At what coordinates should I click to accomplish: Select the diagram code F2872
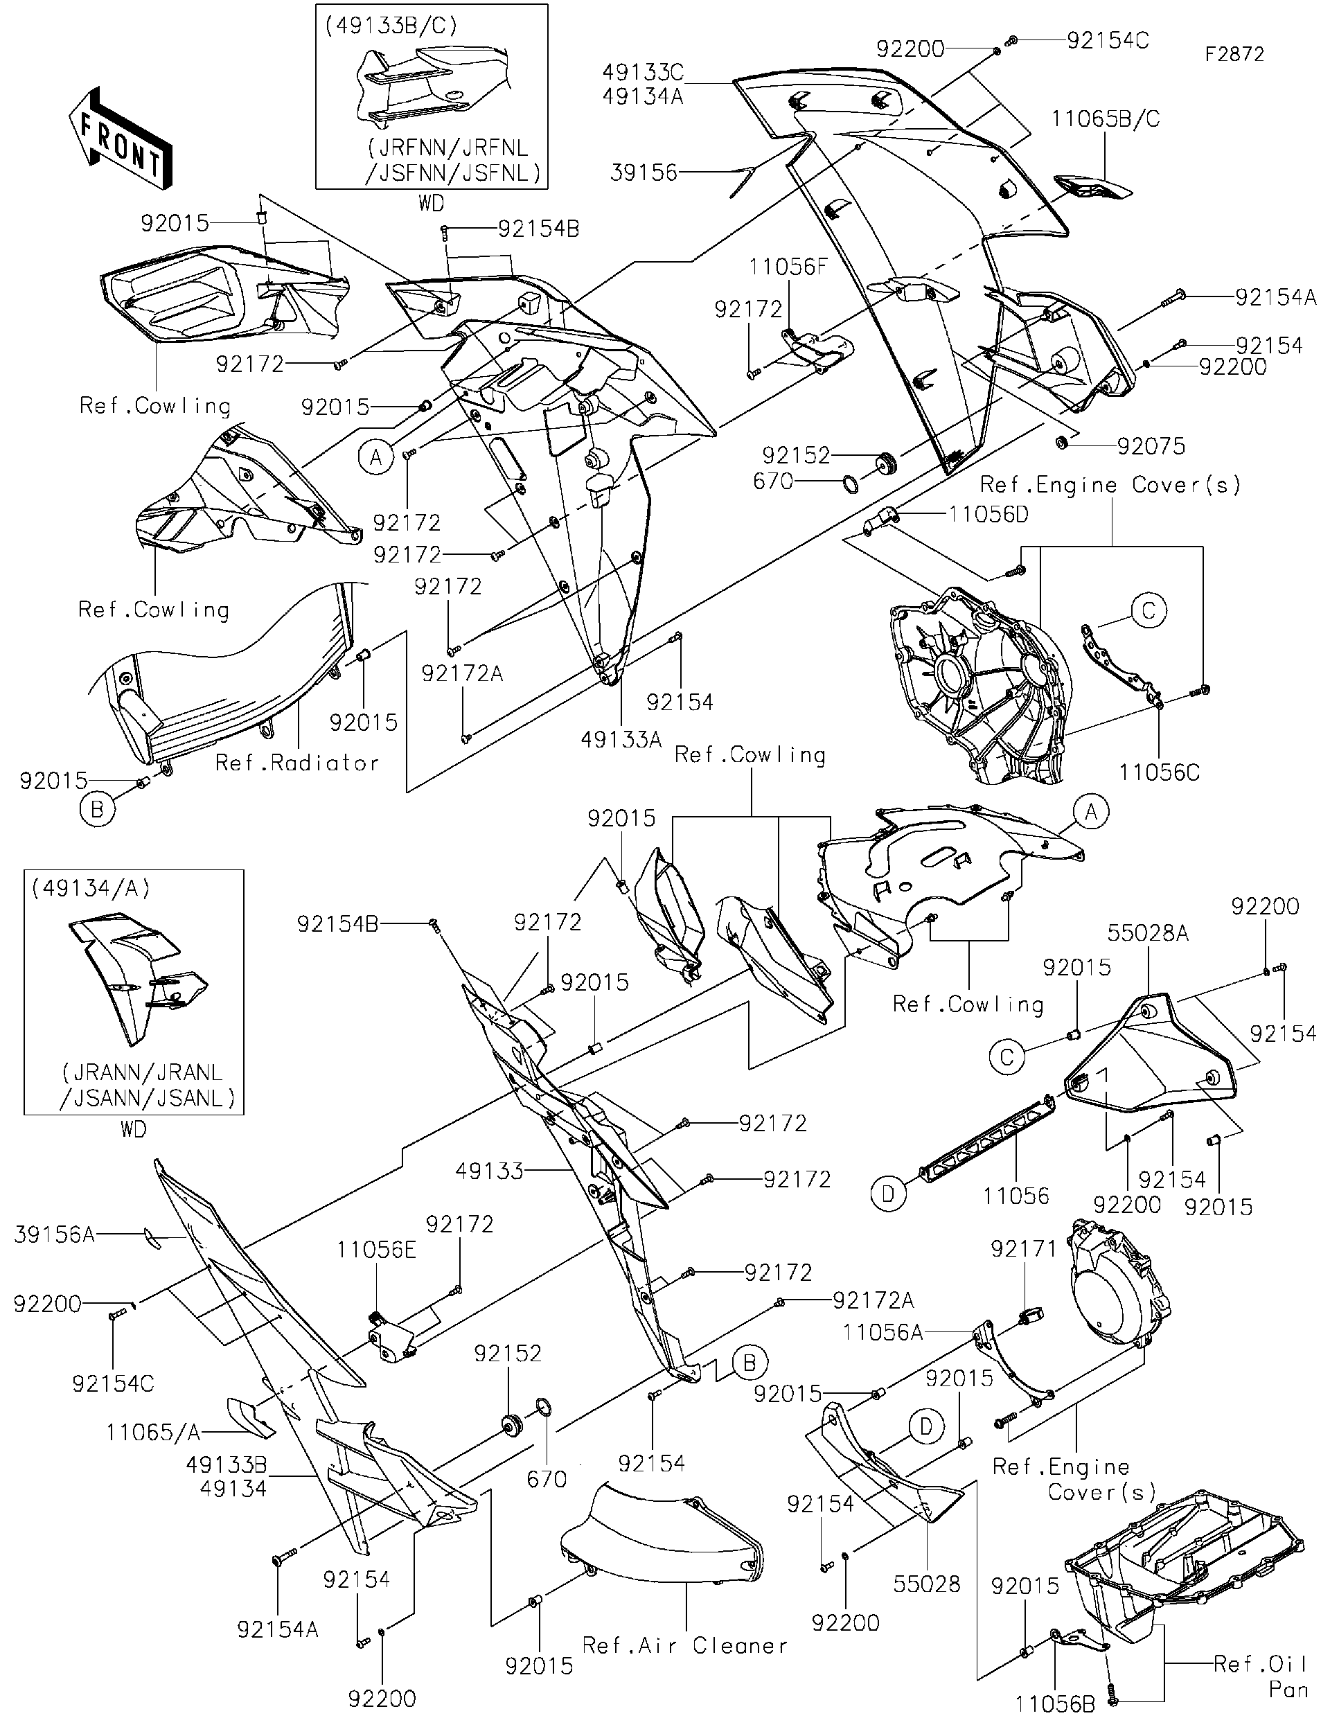click(1235, 54)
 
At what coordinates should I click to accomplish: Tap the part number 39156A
click(53, 1234)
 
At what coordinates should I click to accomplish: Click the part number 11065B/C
click(1105, 120)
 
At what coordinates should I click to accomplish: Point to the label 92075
click(1151, 446)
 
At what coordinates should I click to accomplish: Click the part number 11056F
click(788, 267)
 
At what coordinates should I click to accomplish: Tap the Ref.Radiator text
click(297, 762)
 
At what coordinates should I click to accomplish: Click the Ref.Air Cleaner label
click(684, 1645)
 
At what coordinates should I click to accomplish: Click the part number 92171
click(1024, 1248)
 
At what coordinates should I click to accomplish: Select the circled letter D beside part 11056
click(888, 1194)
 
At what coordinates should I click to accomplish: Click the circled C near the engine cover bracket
click(1148, 610)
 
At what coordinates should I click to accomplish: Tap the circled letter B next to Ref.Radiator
click(98, 809)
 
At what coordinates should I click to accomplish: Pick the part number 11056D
click(988, 514)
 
